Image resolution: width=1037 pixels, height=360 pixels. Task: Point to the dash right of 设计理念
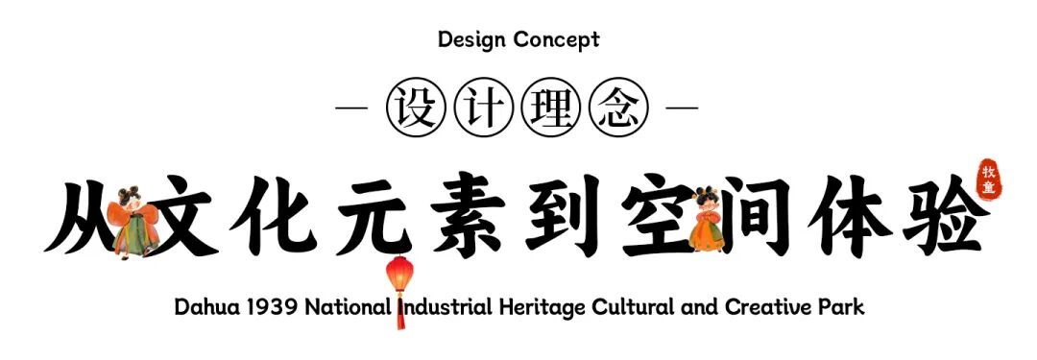click(x=683, y=107)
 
